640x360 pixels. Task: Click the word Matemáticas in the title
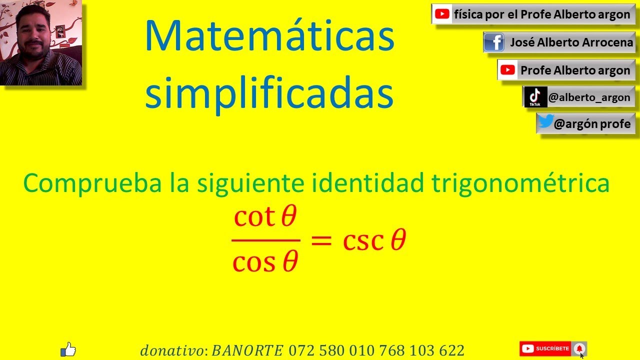click(269, 37)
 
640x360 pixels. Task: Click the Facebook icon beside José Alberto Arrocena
click(494, 42)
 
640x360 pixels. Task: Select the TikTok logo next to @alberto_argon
click(535, 96)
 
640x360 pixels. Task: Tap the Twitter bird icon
click(546, 122)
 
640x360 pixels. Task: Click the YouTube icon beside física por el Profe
click(442, 14)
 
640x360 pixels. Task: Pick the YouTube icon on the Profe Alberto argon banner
click(508, 70)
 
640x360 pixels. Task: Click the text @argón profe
click(592, 123)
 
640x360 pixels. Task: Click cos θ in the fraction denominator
click(265, 261)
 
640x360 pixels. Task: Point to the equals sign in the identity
click(321, 240)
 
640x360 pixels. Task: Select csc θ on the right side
click(374, 240)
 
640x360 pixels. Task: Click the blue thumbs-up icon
click(68, 349)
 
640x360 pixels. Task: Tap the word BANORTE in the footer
click(248, 350)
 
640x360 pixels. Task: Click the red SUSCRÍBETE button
click(545, 348)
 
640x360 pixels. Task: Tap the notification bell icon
click(579, 348)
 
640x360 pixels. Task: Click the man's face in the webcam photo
click(31, 35)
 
